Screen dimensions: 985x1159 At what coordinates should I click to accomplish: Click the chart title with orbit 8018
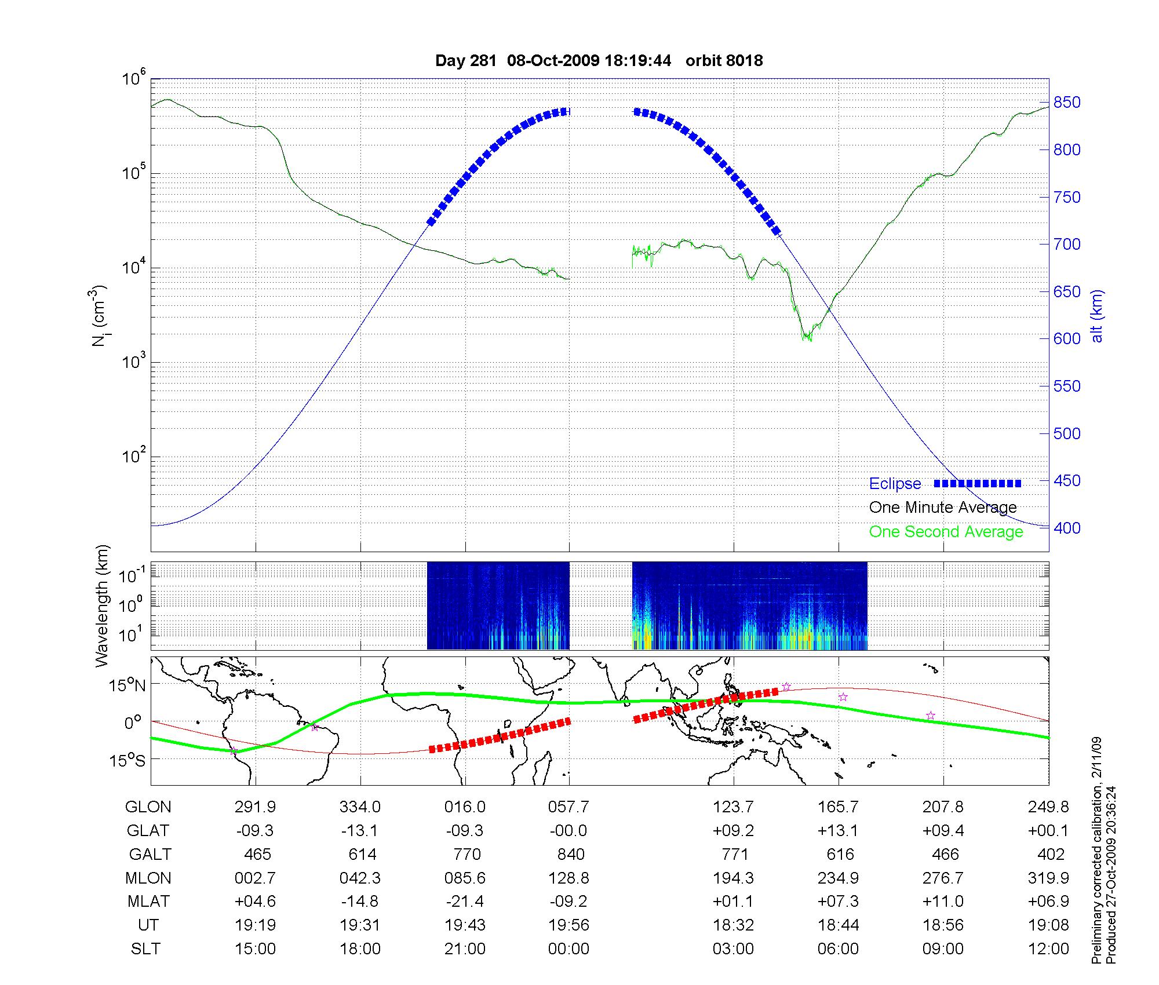pyautogui.click(x=599, y=61)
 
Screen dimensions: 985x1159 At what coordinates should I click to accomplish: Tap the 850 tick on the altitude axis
pyautogui.click(x=1066, y=103)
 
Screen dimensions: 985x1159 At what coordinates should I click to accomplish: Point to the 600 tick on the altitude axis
pyautogui.click(x=1066, y=339)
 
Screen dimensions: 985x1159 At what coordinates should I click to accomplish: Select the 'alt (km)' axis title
pyautogui.click(x=1097, y=316)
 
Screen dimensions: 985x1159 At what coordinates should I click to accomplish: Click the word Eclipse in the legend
pyautogui.click(x=895, y=484)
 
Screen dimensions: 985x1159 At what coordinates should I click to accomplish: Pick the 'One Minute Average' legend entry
pyautogui.click(x=943, y=508)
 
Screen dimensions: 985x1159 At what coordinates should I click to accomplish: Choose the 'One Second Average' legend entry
pyautogui.click(x=946, y=532)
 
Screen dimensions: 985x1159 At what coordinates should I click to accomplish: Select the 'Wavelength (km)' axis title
pyautogui.click(x=103, y=606)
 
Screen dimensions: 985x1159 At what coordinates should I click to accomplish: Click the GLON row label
pyautogui.click(x=148, y=807)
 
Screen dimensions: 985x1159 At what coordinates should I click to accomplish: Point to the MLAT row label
pyautogui.click(x=148, y=902)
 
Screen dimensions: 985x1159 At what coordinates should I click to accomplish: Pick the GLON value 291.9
pyautogui.click(x=255, y=807)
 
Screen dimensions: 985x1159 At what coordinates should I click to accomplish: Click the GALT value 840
pyautogui.click(x=569, y=855)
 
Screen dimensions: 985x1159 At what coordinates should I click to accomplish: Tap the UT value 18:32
pyautogui.click(x=733, y=925)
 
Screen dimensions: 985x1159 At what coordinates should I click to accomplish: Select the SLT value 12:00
pyautogui.click(x=1048, y=949)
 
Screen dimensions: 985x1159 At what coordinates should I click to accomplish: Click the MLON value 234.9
pyautogui.click(x=838, y=878)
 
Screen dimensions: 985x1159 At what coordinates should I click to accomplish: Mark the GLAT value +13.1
pyautogui.click(x=838, y=831)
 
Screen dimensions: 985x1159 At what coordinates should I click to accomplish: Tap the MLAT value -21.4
pyautogui.click(x=465, y=902)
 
